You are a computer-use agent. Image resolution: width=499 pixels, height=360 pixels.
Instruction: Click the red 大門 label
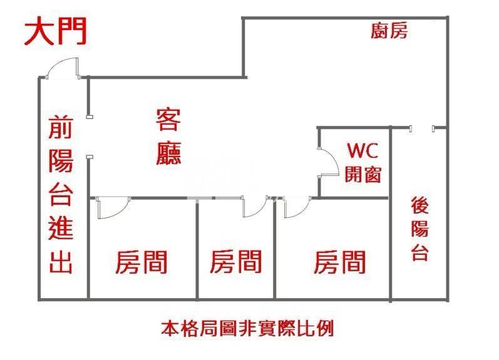tap(56, 31)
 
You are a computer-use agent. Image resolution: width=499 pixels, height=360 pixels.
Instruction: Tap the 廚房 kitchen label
tap(389, 31)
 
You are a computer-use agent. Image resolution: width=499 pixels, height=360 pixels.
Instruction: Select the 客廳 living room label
tap(168, 136)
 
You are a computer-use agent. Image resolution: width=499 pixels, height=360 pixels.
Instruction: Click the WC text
tap(363, 150)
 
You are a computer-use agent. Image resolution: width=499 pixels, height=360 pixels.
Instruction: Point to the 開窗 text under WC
tap(363, 174)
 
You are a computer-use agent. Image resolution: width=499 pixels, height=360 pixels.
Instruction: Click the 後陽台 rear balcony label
tap(419, 229)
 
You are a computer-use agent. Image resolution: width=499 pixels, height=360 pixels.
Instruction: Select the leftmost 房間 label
tap(141, 262)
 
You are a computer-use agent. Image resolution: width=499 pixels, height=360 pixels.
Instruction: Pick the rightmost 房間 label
tap(339, 262)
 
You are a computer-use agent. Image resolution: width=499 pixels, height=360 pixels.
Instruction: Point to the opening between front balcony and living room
tap(89, 137)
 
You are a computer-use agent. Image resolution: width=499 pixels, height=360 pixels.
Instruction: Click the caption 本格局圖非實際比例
tap(247, 329)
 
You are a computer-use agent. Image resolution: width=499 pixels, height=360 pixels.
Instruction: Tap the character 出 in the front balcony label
tap(61, 262)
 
